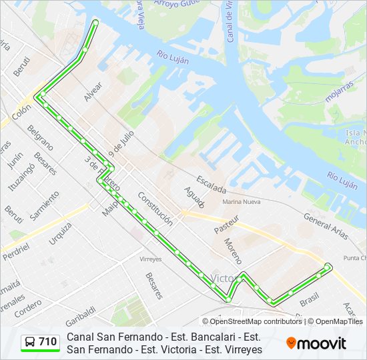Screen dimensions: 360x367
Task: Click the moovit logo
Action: [x=316, y=343]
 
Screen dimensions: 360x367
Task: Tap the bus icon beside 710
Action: [x=31, y=342]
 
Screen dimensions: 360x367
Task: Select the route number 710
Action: [x=47, y=342]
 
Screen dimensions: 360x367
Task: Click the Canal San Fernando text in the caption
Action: [x=107, y=337]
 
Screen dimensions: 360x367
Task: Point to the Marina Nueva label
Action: [x=242, y=201]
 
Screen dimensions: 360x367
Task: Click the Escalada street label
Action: [x=212, y=185]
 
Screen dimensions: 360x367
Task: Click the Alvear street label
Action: [x=93, y=91]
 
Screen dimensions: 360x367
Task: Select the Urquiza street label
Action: [x=61, y=233]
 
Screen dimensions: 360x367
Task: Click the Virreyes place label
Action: [x=151, y=258]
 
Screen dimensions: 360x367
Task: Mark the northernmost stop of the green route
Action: [x=95, y=23]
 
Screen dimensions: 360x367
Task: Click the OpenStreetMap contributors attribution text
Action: [x=256, y=321]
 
